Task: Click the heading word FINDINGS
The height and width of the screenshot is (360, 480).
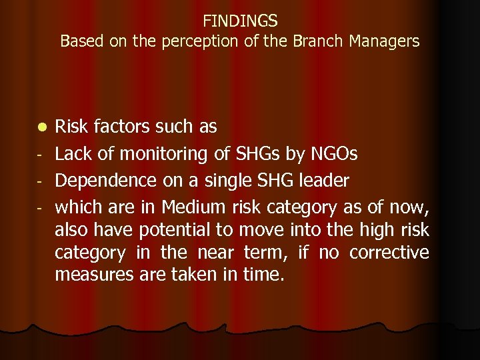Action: [240, 21]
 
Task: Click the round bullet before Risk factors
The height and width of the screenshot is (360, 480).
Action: [41, 127]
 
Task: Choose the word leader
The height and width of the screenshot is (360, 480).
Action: [325, 181]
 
